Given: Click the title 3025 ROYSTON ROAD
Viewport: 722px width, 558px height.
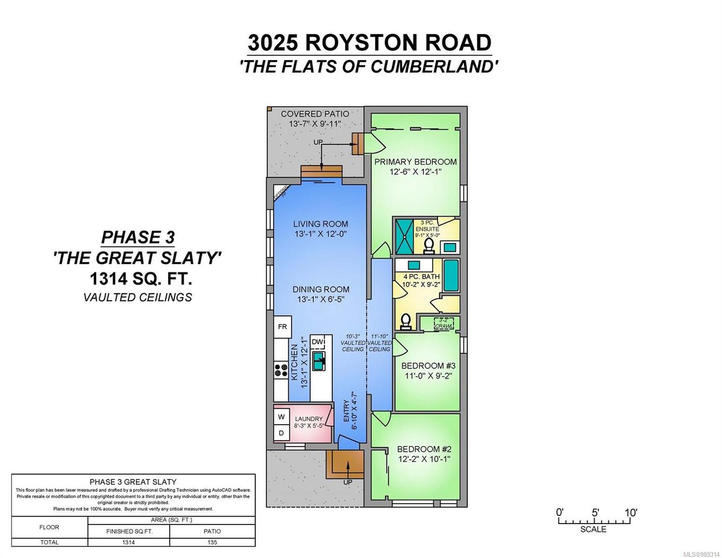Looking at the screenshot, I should pyautogui.click(x=369, y=42).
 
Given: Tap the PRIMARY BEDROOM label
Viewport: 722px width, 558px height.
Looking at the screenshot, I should pyautogui.click(x=415, y=162).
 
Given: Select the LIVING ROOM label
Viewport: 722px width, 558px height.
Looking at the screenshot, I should pyautogui.click(x=321, y=224).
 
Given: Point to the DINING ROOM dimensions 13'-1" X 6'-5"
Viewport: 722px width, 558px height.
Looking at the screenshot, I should pyautogui.click(x=321, y=299).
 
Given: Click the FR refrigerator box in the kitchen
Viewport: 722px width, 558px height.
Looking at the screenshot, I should pyautogui.click(x=282, y=327).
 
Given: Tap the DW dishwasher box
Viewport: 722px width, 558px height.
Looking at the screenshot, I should pyautogui.click(x=317, y=342).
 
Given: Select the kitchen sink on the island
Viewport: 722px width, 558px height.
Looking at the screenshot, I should pyautogui.click(x=319, y=361).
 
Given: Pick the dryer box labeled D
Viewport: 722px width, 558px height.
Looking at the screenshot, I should pyautogui.click(x=281, y=433).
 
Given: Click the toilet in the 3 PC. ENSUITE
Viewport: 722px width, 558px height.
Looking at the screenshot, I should pyautogui.click(x=429, y=245).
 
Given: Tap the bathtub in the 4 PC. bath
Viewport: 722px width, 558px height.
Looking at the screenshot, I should pyautogui.click(x=451, y=276).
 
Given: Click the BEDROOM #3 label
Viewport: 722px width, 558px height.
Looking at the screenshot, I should pyautogui.click(x=428, y=366).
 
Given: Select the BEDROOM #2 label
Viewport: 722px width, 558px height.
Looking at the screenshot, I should pyautogui.click(x=424, y=449).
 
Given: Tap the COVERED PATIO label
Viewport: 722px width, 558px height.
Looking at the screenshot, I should pyautogui.click(x=315, y=114).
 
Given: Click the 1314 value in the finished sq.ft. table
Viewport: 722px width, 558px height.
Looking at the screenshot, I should pyautogui.click(x=128, y=542).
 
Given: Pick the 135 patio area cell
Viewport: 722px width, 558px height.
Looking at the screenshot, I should pyautogui.click(x=212, y=542).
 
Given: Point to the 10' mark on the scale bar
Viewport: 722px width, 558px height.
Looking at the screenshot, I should pyautogui.click(x=630, y=513).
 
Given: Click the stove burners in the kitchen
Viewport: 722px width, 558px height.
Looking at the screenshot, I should pyautogui.click(x=280, y=370).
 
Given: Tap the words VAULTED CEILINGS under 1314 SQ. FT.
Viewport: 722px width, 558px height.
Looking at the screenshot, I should pyautogui.click(x=137, y=297).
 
